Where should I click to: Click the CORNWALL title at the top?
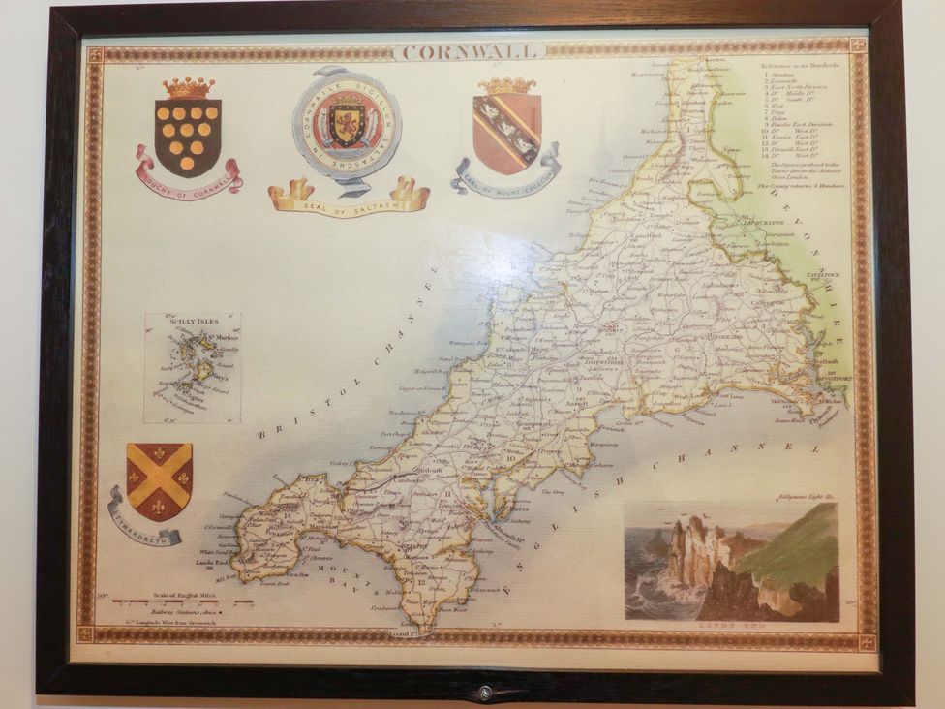[470, 51]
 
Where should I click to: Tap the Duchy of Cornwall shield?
[187, 137]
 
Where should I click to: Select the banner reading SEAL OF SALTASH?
[349, 200]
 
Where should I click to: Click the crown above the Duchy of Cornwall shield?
[188, 88]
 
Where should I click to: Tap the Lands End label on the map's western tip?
[210, 562]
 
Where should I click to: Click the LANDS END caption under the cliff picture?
[731, 627]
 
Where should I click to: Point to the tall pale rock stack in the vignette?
[692, 556]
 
